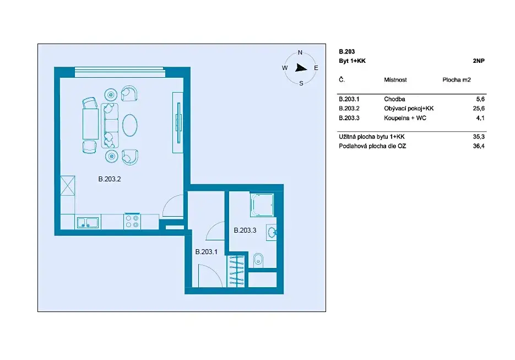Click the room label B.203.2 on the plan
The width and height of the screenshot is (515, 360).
[x=110, y=179]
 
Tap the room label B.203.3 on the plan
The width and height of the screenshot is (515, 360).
[x=245, y=230]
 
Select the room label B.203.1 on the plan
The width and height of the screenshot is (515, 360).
[x=206, y=252]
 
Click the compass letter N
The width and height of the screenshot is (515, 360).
[x=300, y=52]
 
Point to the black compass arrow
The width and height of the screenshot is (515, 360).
[x=301, y=68]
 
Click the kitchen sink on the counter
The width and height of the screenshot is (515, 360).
[x=88, y=223]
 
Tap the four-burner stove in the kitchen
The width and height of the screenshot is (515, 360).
[x=132, y=221]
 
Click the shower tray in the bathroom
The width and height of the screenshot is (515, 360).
[x=262, y=205]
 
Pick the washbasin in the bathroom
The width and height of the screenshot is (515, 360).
[x=272, y=233]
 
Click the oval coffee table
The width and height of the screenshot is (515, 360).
[x=130, y=125]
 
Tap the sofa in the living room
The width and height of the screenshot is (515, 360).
[x=110, y=125]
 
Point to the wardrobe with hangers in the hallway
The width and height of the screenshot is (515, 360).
[x=236, y=271]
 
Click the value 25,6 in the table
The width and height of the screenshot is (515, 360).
[x=479, y=109]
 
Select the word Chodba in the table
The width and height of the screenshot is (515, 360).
[x=394, y=99]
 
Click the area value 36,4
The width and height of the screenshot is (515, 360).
[x=479, y=146]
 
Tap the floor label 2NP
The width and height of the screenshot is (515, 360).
[x=479, y=61]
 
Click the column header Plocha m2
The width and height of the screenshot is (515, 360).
[x=457, y=80]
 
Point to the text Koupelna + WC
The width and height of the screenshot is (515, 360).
[x=405, y=118]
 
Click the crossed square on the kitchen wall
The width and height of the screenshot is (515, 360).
[x=68, y=186]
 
